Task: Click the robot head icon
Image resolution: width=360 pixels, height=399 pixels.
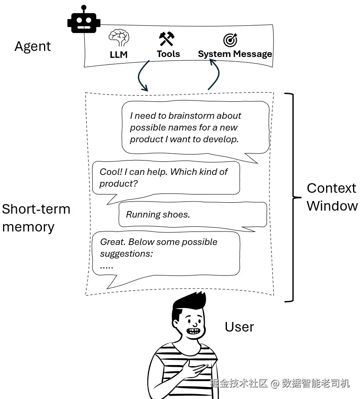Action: pos(84,20)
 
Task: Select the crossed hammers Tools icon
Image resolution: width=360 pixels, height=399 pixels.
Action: pos(167,39)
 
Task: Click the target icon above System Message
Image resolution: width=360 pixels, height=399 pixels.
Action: pos(230,40)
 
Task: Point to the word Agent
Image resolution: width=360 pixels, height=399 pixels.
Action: pos(33,47)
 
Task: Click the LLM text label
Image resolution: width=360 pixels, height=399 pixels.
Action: pos(119,54)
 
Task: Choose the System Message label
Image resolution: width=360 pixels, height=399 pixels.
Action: pos(235,54)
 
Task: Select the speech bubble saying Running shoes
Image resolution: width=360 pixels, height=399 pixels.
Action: pos(193,215)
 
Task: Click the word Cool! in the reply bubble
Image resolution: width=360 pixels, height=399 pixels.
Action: pos(111,172)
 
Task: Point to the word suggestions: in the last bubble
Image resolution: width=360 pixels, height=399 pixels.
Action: pos(127,254)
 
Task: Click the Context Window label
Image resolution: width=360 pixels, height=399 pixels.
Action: pos(331,197)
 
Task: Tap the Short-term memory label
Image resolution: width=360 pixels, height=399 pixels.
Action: pos(36,218)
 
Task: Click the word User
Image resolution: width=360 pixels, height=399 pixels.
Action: pos(239,327)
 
